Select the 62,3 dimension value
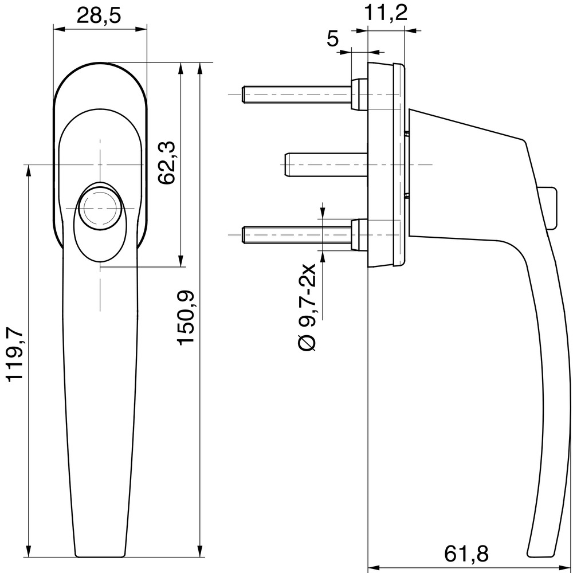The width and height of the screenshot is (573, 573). pos(166,163)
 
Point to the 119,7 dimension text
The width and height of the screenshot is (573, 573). pos(14,354)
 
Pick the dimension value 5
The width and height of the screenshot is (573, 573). pos(332,38)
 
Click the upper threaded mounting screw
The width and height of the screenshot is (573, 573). pos(298,93)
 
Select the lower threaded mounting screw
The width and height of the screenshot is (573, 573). pos(298,234)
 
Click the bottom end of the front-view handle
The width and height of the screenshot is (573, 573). pos(100,554)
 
